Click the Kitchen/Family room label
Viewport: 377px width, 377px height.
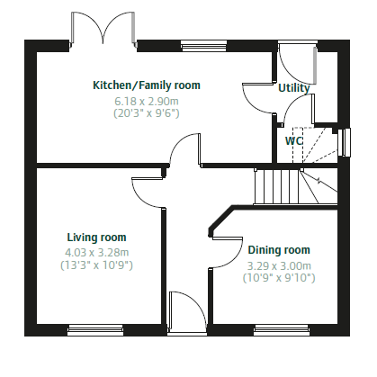pos(147,85)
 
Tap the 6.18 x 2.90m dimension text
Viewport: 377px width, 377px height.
pos(147,102)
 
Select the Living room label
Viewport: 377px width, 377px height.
pos(96,238)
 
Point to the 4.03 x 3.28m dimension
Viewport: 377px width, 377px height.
pos(96,253)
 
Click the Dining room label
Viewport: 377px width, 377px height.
pos(279,250)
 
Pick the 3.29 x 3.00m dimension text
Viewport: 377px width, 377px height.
pos(279,265)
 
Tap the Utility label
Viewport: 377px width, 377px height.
pos(294,88)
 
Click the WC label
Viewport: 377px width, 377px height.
pos(294,140)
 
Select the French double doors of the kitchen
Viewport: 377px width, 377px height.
pos(103,30)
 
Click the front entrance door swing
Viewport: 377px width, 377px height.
pos(187,312)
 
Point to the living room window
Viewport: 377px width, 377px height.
pos(95,330)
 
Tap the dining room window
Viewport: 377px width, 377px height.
pos(282,330)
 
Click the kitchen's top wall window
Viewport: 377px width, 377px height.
pos(204,46)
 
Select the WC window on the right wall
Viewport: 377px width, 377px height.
pos(344,142)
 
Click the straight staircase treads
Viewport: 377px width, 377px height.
pos(277,186)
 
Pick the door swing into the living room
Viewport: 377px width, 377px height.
pos(148,193)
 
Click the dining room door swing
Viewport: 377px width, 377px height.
pos(228,253)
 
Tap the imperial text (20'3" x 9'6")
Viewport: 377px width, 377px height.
pos(147,113)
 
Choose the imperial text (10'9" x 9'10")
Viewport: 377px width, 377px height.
pos(279,278)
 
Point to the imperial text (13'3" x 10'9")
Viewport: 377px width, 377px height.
pos(96,265)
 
